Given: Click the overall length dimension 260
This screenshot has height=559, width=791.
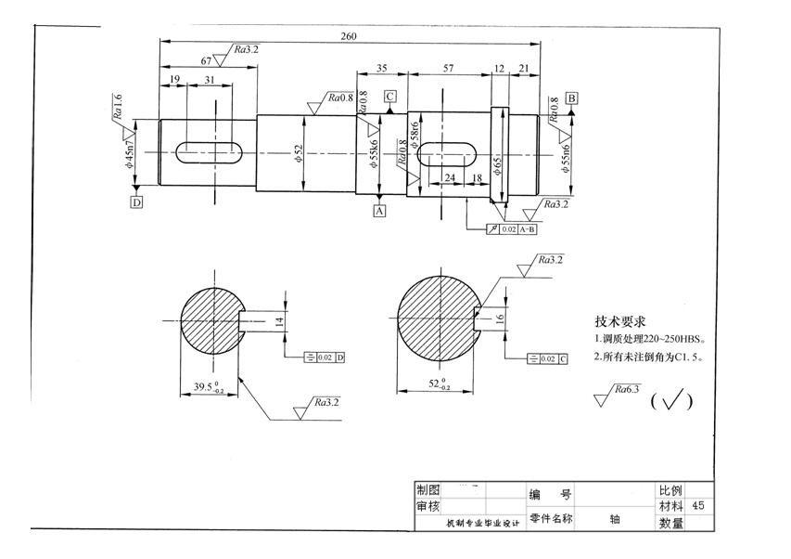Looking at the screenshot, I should [349, 36].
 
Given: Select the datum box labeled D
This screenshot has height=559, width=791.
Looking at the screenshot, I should [136, 201].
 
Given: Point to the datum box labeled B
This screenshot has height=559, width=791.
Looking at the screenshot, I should [572, 97].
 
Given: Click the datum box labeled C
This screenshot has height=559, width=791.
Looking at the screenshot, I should [390, 96].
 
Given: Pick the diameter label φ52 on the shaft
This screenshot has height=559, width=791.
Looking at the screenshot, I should [299, 154].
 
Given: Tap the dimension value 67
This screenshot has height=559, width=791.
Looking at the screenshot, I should [206, 60].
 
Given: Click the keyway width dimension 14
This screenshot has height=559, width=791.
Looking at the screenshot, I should [278, 321].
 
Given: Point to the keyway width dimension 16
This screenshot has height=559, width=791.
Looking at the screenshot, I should [500, 318].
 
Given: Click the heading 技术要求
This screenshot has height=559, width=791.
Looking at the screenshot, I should [620, 320].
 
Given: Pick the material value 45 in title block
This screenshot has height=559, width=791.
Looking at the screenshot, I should [698, 506].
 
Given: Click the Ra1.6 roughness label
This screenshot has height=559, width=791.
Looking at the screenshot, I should [118, 107].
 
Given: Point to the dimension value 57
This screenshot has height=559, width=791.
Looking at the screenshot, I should [448, 69].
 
